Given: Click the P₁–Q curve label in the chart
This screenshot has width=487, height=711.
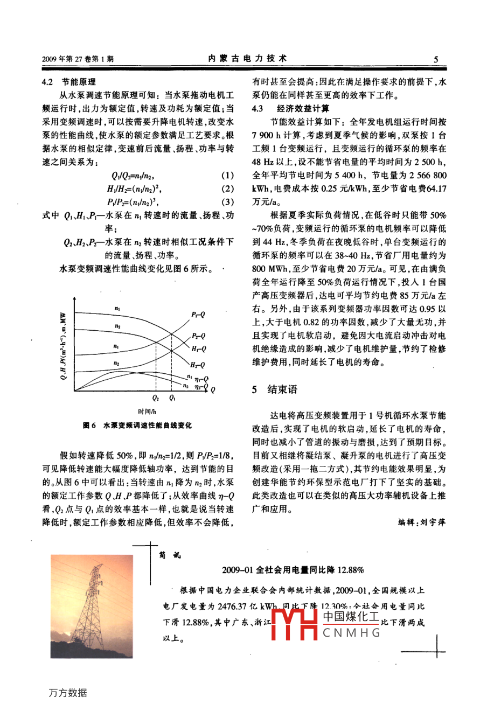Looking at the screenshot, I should click(x=198, y=315).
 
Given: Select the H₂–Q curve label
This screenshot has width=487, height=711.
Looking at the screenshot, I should click(x=198, y=365).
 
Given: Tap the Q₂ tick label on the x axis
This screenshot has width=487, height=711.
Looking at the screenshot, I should click(x=156, y=398).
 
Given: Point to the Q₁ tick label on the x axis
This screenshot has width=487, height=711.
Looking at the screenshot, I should click(x=172, y=398).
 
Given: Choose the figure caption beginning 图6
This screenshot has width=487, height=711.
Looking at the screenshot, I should click(x=137, y=426).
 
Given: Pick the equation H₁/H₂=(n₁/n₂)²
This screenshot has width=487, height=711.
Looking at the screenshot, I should click(x=134, y=189).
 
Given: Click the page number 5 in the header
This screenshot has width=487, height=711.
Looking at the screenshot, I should click(x=436, y=59).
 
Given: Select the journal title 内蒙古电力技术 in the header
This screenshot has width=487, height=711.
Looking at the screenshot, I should click(x=247, y=59).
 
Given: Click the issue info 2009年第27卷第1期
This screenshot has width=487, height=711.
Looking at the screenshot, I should click(x=78, y=59).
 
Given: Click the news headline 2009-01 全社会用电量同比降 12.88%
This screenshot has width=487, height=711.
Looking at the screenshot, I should click(x=293, y=570).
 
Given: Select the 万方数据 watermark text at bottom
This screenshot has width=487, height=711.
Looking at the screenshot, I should click(x=68, y=693).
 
